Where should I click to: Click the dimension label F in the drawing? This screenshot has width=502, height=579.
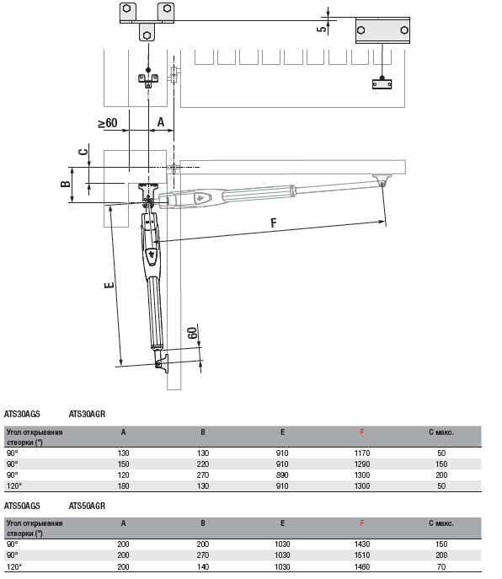point(274,222)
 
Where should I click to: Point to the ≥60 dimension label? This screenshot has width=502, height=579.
point(108,123)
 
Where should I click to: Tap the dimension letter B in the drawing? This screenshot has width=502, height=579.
point(66,184)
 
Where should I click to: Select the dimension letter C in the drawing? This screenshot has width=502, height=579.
point(83,152)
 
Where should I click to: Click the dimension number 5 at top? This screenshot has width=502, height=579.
point(322,28)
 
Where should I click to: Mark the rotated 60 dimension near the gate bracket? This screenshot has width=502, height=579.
point(192,333)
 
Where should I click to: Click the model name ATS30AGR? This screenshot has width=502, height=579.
point(87,414)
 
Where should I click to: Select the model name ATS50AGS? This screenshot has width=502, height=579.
point(22,506)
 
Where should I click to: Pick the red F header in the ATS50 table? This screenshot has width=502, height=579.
point(361,523)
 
